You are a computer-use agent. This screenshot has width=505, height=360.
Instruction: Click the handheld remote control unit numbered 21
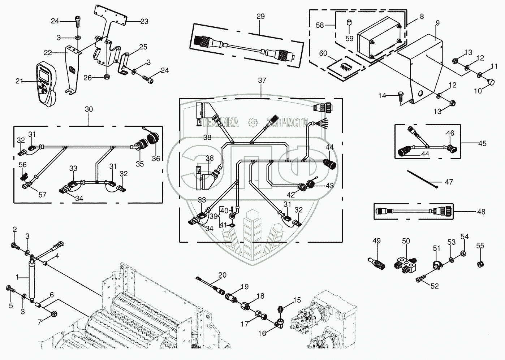(x=46, y=85)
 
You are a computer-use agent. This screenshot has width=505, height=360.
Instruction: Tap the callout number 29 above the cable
(x=260, y=16)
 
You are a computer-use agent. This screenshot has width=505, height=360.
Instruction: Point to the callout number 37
(x=262, y=80)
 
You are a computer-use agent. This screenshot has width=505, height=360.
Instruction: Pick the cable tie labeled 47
(x=422, y=178)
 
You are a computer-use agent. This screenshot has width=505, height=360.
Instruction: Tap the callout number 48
(x=481, y=212)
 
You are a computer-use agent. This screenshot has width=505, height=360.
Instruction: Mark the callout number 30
(x=89, y=109)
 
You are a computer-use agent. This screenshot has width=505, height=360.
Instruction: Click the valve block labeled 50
(x=406, y=263)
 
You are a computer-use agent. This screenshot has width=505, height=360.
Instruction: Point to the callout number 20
(x=222, y=275)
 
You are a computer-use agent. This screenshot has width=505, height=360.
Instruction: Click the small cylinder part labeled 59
(x=349, y=24)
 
